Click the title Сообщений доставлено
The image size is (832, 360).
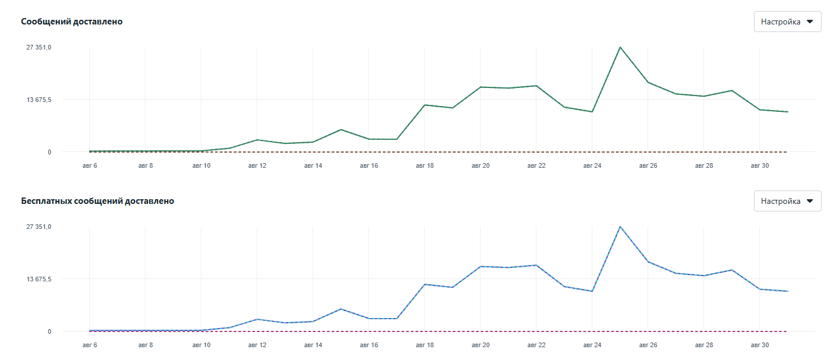click(x=72, y=22)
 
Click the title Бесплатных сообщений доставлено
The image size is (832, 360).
click(x=97, y=201)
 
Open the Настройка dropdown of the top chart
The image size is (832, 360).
click(x=787, y=22)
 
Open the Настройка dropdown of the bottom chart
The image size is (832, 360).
click(x=787, y=201)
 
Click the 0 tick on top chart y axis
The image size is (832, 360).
click(x=49, y=152)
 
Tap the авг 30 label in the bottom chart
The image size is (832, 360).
click(x=760, y=345)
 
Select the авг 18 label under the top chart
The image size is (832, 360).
click(x=425, y=165)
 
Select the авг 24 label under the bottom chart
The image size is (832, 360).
click(x=592, y=345)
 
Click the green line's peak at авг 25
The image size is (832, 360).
click(x=620, y=47)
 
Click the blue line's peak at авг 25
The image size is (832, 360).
click(x=620, y=227)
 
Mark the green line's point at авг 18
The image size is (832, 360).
click(x=425, y=105)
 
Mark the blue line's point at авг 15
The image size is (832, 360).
click(x=341, y=309)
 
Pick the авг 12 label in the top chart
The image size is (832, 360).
click(x=257, y=165)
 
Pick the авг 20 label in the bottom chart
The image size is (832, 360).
click(x=480, y=345)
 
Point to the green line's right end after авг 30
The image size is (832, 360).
click(x=788, y=112)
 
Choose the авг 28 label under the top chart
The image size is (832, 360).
click(x=704, y=165)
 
